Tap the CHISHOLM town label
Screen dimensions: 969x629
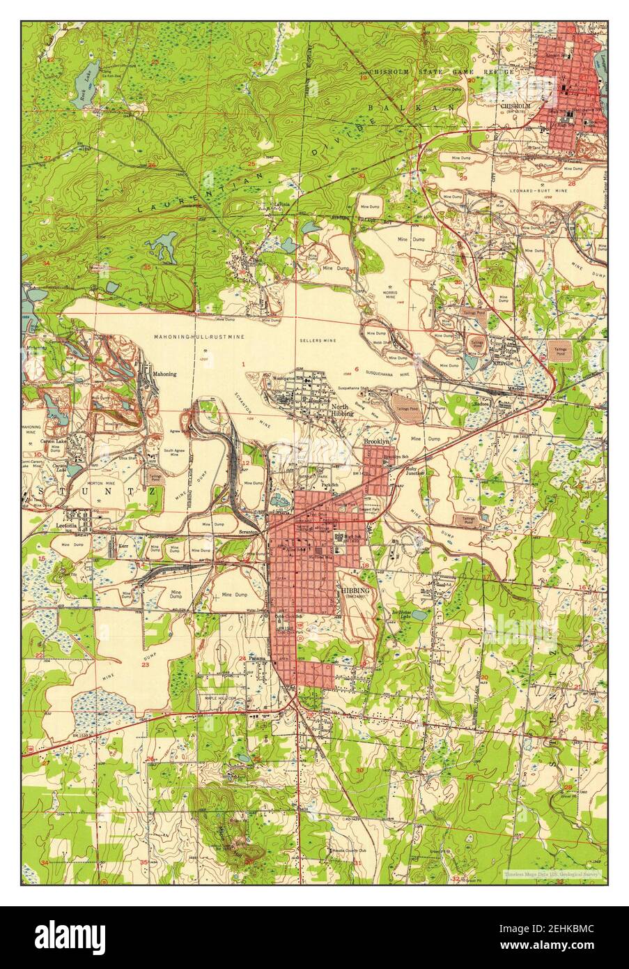point(515,106)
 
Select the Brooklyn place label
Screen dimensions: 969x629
point(375,442)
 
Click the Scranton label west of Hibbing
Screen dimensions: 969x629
point(248,531)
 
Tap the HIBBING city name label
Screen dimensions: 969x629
point(355,590)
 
